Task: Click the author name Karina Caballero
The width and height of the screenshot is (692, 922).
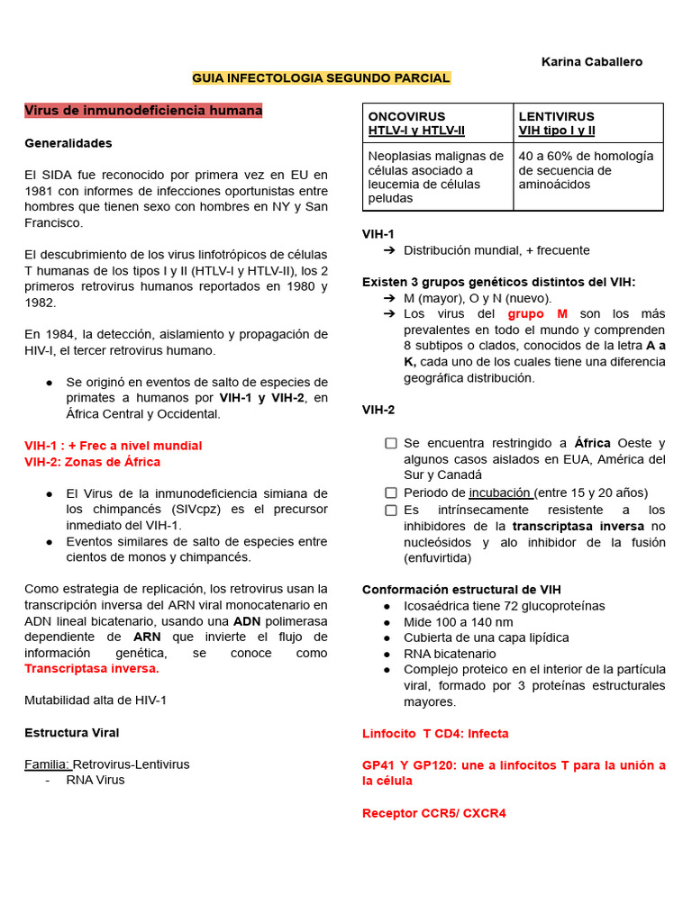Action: [591, 62]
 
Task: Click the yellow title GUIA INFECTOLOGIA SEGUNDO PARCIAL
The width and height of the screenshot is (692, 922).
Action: [321, 78]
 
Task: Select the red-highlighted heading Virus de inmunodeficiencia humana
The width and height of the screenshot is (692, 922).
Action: [143, 111]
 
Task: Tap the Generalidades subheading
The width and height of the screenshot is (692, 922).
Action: [68, 143]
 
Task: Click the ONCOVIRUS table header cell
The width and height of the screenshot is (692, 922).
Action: [437, 123]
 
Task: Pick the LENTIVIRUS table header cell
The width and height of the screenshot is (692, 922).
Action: [587, 123]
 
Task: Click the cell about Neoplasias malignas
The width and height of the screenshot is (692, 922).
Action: [437, 176]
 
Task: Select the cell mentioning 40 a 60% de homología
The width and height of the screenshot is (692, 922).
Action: [587, 170]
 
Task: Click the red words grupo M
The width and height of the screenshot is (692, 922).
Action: [538, 314]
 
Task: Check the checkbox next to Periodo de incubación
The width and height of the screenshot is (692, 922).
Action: [391, 493]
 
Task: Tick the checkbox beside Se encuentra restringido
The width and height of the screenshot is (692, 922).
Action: [391, 443]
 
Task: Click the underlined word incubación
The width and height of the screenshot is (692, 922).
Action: [501, 493]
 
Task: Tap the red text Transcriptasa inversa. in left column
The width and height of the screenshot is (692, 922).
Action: [92, 669]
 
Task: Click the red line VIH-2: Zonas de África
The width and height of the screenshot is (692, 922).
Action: [92, 462]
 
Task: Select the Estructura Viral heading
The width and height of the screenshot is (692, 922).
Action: [71, 733]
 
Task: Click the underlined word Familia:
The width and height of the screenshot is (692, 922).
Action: [47, 764]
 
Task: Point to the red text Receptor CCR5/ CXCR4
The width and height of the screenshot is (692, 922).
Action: [433, 813]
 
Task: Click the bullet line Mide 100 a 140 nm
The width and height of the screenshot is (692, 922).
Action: [459, 622]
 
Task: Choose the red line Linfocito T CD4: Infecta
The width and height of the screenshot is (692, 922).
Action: [435, 734]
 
